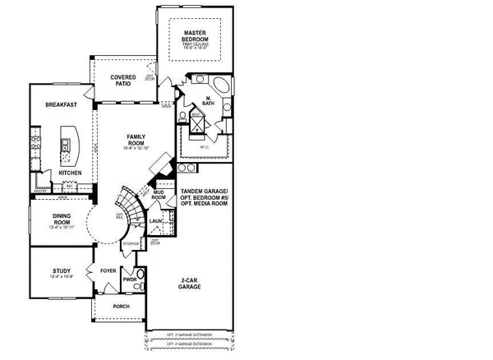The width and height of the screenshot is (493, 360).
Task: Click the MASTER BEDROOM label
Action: (x=196, y=35)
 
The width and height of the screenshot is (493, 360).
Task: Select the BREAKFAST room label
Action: (x=62, y=104)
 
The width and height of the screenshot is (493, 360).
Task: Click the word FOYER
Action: (x=108, y=270)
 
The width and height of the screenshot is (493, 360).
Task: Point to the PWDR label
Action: (x=128, y=279)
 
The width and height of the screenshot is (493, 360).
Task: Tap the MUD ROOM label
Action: (x=159, y=196)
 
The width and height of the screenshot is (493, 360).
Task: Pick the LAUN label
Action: (x=156, y=222)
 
